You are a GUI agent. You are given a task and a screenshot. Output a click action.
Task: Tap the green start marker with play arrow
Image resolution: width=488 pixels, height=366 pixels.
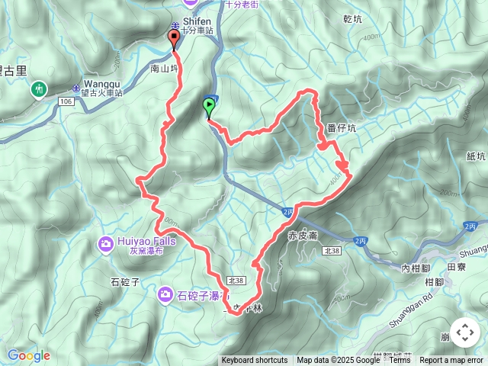click(208, 107)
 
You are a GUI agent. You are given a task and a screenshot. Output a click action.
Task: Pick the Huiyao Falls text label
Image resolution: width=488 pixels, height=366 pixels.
click(147, 242)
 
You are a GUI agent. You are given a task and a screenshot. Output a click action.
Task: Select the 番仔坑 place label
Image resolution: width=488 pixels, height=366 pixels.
click(341, 129)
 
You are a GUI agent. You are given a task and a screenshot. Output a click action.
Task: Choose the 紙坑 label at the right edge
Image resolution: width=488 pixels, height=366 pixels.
click(474, 156)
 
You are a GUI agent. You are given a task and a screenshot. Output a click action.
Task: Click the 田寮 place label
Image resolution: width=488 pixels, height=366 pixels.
click(456, 267)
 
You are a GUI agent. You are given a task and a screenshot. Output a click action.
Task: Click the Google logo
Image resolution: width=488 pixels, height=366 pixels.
click(28, 355)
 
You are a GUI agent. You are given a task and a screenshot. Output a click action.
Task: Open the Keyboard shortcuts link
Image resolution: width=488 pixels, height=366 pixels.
click(255, 361)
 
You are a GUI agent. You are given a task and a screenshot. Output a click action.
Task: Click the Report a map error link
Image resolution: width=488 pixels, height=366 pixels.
click(451, 361)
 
